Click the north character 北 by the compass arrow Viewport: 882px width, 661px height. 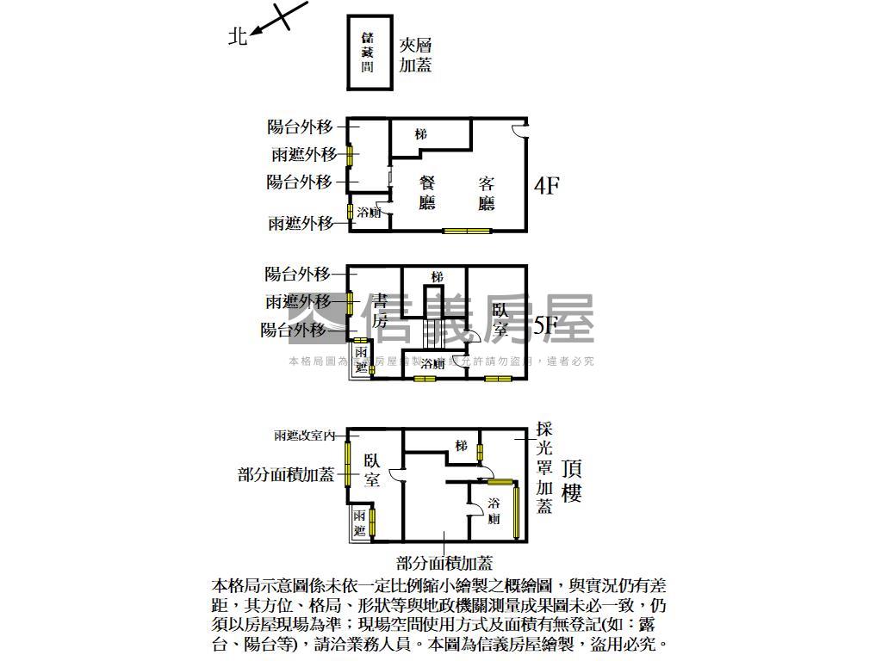[x=238, y=36]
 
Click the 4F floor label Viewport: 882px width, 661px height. [x=547, y=185]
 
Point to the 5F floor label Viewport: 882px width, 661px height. [x=547, y=325]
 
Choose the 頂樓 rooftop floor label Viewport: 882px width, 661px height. [x=571, y=481]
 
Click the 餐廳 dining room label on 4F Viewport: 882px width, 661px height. [x=427, y=193]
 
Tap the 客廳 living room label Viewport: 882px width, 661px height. [x=487, y=193]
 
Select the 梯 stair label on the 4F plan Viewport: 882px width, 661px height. [x=420, y=134]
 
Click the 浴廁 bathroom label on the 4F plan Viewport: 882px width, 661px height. [x=369, y=213]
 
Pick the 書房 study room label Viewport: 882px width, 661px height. [x=380, y=311]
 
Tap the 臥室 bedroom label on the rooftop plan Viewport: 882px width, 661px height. [x=372, y=470]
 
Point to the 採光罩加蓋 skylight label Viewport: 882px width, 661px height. [x=543, y=467]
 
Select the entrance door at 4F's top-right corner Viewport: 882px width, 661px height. [x=519, y=130]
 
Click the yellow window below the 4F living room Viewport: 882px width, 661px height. [x=467, y=231]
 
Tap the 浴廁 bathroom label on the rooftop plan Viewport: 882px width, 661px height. [x=494, y=510]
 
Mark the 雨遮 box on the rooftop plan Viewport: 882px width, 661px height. [x=359, y=522]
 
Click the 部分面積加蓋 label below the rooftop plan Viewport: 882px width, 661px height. [x=444, y=564]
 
